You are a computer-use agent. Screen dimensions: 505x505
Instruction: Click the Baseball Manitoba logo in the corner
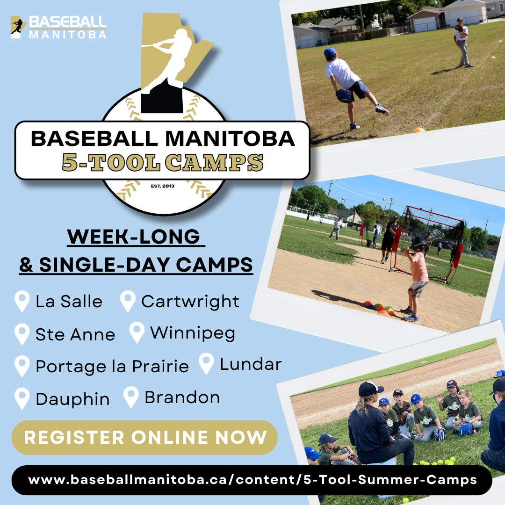click(58, 27)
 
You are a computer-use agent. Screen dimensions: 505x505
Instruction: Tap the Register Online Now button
click(145, 437)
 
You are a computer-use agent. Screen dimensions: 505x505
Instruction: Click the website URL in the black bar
click(252, 480)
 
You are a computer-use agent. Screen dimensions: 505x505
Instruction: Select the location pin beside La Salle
click(22, 301)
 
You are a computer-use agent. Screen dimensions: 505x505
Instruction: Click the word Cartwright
click(190, 302)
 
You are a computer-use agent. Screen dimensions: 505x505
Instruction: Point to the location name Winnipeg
click(193, 333)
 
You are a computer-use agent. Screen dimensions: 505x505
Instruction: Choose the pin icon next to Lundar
click(206, 364)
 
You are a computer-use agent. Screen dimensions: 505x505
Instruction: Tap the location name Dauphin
click(72, 399)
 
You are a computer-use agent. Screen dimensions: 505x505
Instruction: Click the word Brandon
click(182, 397)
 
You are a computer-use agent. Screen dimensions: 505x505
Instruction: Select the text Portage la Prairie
click(112, 366)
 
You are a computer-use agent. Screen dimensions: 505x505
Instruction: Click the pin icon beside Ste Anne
click(22, 334)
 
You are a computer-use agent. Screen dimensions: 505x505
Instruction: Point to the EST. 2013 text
click(162, 186)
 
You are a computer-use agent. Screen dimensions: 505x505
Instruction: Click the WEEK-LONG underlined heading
click(137, 237)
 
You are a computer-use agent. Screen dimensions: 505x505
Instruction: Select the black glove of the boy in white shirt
click(344, 95)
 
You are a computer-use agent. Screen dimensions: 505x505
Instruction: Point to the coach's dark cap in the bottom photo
click(370, 389)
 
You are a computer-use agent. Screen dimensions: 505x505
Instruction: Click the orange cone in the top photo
click(418, 130)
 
